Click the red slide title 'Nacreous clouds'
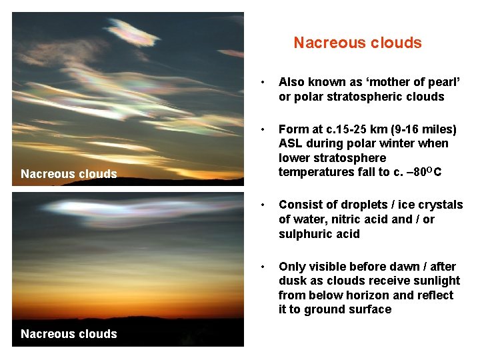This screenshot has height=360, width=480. pos(357,43)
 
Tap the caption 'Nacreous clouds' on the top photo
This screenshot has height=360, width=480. pos(69,174)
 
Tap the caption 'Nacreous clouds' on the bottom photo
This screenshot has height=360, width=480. pos(69,334)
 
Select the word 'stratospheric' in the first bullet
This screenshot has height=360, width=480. pos(367,97)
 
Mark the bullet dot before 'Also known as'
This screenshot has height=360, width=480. pos(265,83)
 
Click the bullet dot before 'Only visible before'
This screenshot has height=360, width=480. pos(265,267)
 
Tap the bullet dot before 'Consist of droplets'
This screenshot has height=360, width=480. pos(265,205)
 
